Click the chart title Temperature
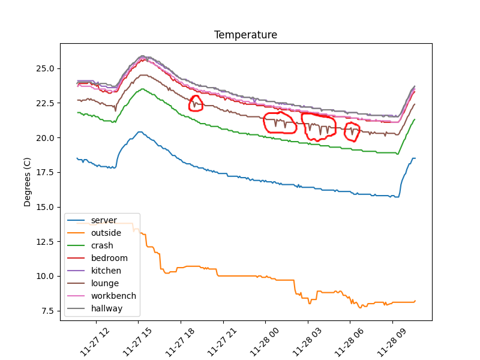tap(245, 35)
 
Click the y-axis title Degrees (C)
tap(27, 182)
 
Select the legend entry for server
tap(104, 220)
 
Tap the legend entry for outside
tap(106, 233)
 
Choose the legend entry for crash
tap(102, 245)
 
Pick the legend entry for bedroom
tap(109, 258)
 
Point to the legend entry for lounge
tap(105, 283)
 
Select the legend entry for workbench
tap(113, 296)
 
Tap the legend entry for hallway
tap(107, 308)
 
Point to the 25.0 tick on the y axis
tap(45, 68)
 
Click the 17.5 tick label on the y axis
tap(45, 172)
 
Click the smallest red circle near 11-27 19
tap(196, 103)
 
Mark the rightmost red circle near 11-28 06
tap(352, 131)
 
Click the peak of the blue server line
tap(140, 132)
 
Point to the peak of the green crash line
tap(143, 89)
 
